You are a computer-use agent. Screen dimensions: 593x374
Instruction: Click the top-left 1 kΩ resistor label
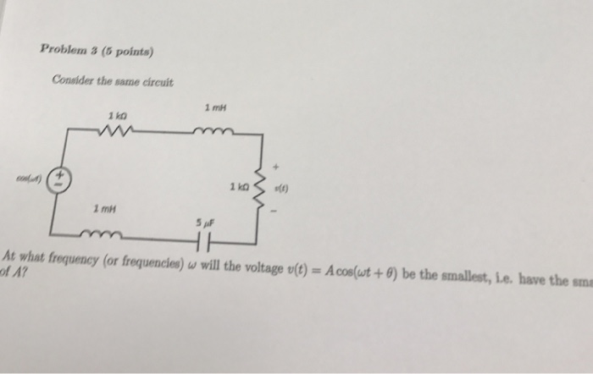(117, 116)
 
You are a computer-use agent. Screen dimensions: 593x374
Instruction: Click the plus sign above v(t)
(274, 167)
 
